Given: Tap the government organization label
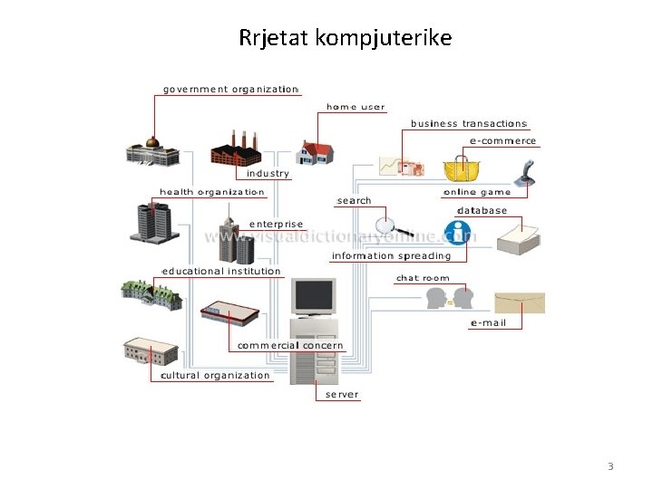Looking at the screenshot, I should click(230, 89).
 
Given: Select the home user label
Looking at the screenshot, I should click(356, 107).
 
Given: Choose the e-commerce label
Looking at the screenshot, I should click(502, 141).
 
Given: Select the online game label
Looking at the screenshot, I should click(477, 192).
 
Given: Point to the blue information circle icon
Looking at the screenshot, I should click(458, 233).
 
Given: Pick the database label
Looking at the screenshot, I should click(482, 211).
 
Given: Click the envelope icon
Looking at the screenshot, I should click(520, 302).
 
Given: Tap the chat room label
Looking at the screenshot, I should click(423, 279).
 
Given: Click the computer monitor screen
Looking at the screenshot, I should click(313, 296).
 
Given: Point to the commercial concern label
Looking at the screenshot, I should click(290, 345).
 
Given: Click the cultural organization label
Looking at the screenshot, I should click(215, 375).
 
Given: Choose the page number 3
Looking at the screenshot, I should click(610, 466).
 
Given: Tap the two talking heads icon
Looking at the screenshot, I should click(450, 297).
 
